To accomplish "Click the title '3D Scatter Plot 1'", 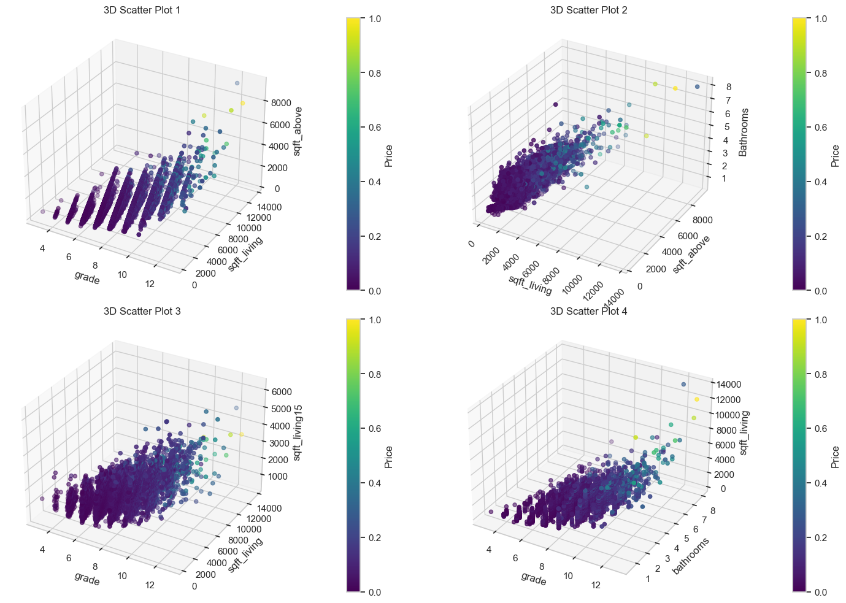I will (142, 10).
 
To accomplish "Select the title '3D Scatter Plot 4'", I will (588, 311).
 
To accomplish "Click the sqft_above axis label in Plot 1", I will (297, 131).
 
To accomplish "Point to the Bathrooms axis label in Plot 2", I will (744, 133).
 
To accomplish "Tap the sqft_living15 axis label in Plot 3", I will (298, 432).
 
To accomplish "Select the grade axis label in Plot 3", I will (87, 578).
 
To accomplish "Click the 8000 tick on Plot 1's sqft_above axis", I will (281, 102).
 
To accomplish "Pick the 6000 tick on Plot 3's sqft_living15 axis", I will (281, 392).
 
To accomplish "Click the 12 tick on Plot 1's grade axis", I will (150, 283).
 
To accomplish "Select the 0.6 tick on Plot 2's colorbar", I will (820, 128).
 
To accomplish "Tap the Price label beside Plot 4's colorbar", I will (835, 457).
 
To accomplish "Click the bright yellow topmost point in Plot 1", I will (242, 103).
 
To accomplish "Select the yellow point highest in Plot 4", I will (696, 399).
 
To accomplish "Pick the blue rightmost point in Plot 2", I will (697, 87).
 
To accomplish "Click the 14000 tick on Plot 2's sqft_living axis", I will (614, 298).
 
